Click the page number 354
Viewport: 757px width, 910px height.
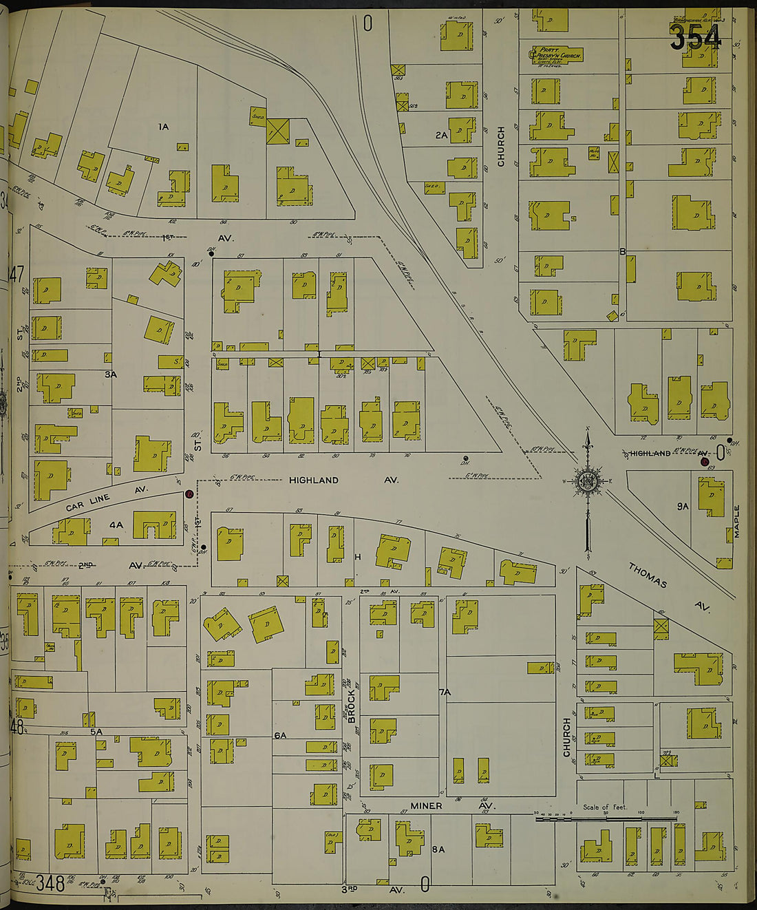695,37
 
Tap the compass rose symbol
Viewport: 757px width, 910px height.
588,481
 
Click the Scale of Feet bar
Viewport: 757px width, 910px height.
606,818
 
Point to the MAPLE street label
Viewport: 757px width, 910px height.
736,522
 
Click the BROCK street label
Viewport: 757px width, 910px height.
351,706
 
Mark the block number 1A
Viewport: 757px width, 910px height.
163,127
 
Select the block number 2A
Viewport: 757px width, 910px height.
441,136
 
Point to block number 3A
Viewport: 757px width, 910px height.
111,374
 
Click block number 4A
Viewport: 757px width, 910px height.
116,525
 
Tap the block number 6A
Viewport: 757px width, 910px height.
279,736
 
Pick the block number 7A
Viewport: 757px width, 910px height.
444,692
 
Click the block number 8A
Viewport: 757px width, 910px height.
438,849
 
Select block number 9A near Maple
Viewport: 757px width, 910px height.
682,506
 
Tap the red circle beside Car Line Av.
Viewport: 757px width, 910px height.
189,494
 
